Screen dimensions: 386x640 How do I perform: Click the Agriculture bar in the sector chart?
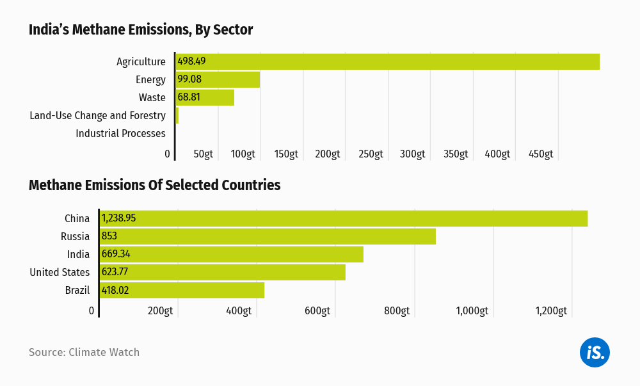(387, 61)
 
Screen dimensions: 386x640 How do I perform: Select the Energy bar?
(218, 79)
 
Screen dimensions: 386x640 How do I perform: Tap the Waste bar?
(205, 97)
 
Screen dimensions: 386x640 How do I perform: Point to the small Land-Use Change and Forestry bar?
(177, 115)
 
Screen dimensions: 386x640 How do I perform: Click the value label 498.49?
(191, 61)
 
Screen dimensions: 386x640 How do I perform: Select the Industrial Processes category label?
(120, 133)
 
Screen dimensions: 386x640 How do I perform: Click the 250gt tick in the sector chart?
(370, 154)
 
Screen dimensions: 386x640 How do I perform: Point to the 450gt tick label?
(541, 154)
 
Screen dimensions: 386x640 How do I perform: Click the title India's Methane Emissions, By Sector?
(141, 30)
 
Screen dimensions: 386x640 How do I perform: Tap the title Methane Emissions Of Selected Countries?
(154, 186)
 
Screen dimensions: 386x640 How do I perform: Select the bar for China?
(344, 218)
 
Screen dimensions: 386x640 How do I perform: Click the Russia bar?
(268, 236)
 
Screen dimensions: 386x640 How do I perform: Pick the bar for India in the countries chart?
(232, 254)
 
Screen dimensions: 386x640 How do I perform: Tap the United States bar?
(223, 272)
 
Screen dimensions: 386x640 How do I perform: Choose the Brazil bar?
(182, 290)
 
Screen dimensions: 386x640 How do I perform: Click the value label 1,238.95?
(119, 218)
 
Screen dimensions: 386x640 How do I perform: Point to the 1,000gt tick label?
(472, 311)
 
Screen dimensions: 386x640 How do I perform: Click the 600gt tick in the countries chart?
(317, 311)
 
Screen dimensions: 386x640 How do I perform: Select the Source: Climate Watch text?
(84, 352)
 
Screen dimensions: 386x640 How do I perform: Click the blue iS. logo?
(595, 352)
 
